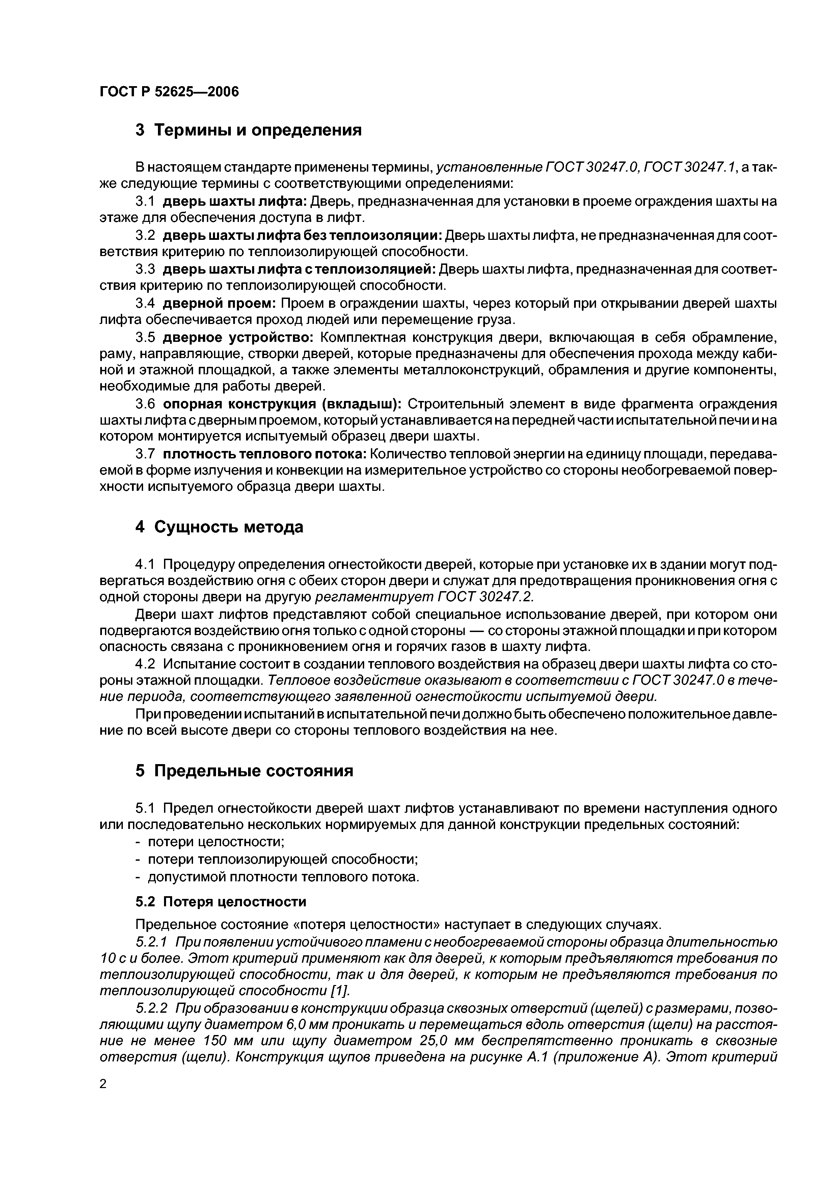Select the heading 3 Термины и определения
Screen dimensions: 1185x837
click(248, 130)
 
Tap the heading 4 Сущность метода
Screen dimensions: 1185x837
click(219, 527)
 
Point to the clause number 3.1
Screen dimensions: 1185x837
click(145, 201)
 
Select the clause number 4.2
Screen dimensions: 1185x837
click(145, 664)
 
